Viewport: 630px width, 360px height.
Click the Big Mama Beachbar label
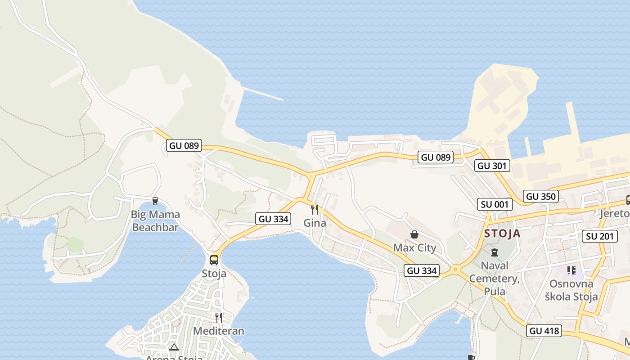[155, 220]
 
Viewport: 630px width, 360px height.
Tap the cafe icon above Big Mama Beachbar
[155, 201]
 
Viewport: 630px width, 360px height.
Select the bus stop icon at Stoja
[214, 260]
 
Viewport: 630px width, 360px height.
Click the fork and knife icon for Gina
[315, 209]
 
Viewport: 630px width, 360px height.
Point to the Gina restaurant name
[315, 222]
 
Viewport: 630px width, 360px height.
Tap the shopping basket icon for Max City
[414, 234]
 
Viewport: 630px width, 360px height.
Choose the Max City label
[414, 247]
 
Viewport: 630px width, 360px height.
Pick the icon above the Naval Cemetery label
[495, 252]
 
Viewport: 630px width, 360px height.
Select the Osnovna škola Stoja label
[571, 290]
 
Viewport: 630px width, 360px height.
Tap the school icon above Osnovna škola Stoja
[571, 270]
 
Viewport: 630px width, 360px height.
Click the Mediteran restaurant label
[218, 331]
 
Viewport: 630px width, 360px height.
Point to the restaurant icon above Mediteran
[218, 318]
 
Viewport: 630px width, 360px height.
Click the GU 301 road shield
[492, 166]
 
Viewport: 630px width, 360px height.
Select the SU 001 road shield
[495, 204]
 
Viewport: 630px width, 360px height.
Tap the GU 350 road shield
[541, 196]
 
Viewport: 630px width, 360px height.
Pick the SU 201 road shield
[600, 236]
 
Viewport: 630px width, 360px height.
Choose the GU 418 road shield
[544, 331]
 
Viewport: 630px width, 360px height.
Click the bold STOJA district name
[502, 234]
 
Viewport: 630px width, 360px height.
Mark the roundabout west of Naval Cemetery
[455, 270]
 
